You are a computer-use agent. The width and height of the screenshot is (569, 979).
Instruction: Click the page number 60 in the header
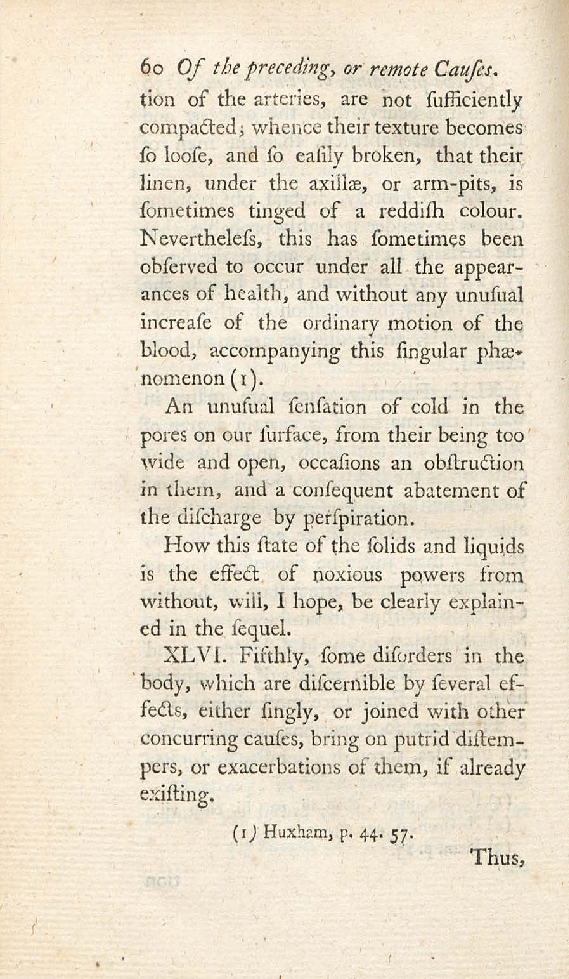coord(152,71)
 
